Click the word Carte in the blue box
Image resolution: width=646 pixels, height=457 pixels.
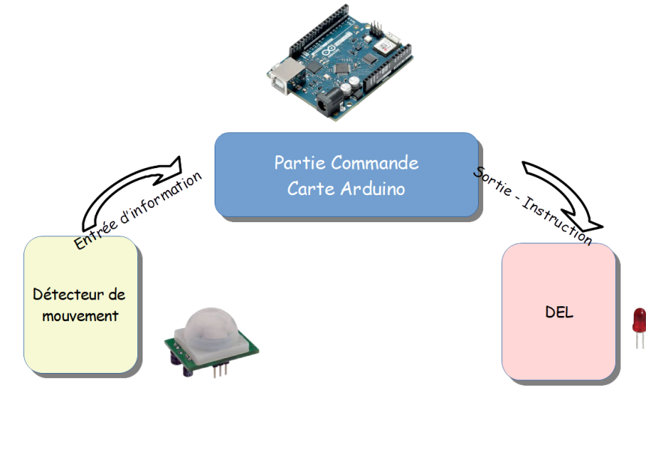(310, 188)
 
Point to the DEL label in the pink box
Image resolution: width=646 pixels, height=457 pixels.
(559, 312)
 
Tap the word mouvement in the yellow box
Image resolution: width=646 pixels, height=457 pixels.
(80, 316)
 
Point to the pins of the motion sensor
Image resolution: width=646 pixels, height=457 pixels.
(219, 370)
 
